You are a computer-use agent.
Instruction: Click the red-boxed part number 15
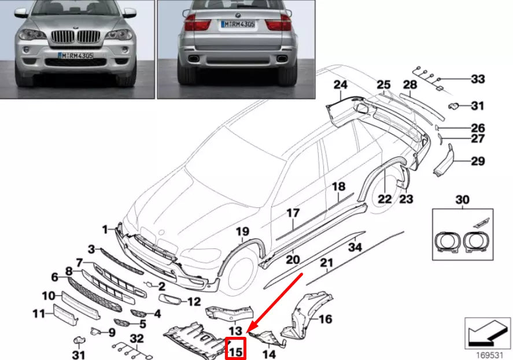[236, 350]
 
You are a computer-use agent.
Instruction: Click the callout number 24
[340, 86]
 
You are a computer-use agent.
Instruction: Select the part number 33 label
[477, 79]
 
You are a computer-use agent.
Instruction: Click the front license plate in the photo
[76, 56]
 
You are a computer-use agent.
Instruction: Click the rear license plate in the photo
[237, 24]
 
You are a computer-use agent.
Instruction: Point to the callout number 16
[326, 319]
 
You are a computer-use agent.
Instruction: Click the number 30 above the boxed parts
[463, 200]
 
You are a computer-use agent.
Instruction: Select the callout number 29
[477, 161]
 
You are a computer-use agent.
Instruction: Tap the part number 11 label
[39, 314]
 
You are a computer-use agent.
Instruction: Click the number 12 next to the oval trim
[194, 302]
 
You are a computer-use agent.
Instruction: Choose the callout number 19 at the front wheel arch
[242, 232]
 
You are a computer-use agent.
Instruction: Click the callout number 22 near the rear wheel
[385, 199]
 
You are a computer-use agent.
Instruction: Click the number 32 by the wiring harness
[136, 338]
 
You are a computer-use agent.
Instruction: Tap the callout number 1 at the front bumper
[105, 230]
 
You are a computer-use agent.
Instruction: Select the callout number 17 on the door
[294, 213]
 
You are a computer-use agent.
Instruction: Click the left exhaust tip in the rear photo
[193, 60]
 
